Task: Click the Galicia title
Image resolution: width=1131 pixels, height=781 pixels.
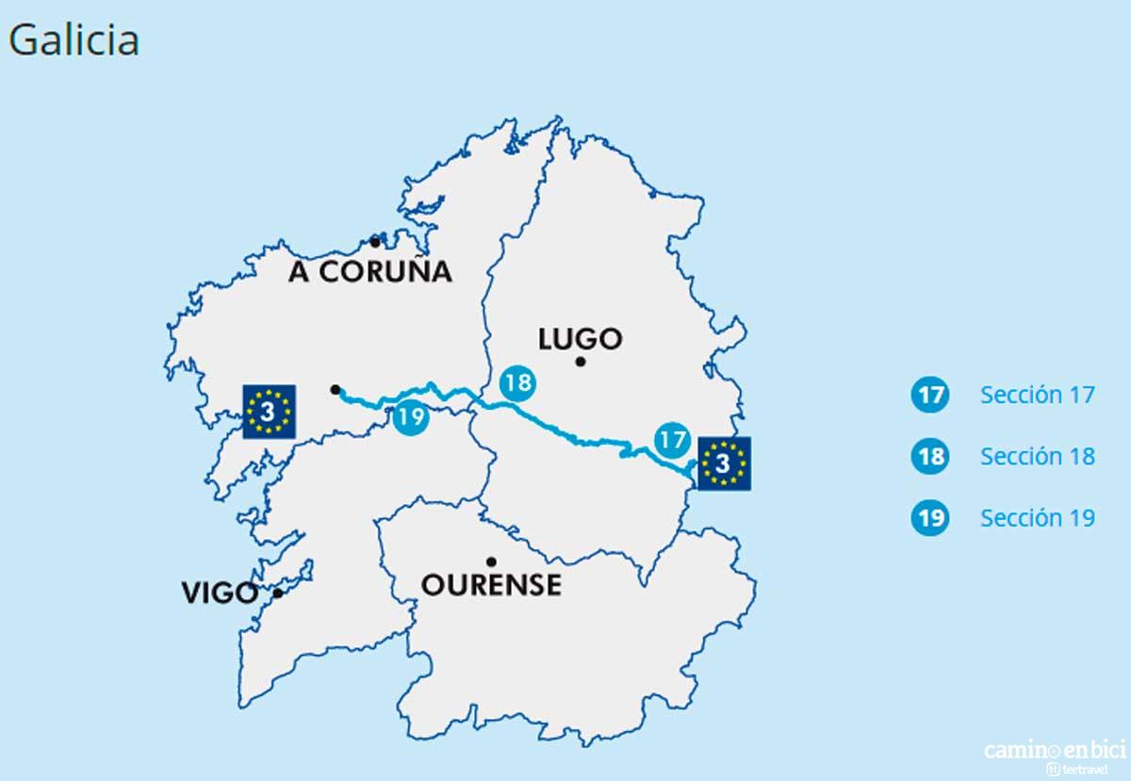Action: click(x=74, y=41)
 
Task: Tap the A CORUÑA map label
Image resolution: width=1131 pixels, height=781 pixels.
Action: click(x=370, y=272)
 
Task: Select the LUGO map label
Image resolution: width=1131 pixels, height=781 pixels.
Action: click(x=580, y=338)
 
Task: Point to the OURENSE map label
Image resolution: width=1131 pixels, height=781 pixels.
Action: click(x=490, y=585)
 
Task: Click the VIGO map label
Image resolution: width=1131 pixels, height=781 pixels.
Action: click(x=220, y=594)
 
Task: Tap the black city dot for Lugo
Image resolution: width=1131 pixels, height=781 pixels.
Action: click(x=581, y=362)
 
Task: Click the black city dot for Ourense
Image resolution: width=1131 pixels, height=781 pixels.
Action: click(x=491, y=561)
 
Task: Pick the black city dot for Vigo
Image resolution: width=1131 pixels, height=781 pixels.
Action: click(x=278, y=594)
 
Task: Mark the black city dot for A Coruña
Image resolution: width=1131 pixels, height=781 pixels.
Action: click(x=375, y=242)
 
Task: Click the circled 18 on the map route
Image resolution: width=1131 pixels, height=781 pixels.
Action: click(x=517, y=383)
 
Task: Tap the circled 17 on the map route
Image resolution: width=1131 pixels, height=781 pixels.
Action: click(x=671, y=439)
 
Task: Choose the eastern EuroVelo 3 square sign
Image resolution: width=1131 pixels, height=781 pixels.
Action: click(x=724, y=463)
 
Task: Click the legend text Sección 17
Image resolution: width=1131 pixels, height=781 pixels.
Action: click(x=1037, y=395)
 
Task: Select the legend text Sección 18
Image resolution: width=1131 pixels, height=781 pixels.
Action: click(x=1037, y=457)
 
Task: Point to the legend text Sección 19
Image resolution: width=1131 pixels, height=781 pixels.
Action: click(x=1037, y=518)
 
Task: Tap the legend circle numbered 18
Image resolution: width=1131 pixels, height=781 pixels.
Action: click(x=930, y=457)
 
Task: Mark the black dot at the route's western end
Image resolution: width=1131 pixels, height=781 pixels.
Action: click(x=336, y=389)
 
